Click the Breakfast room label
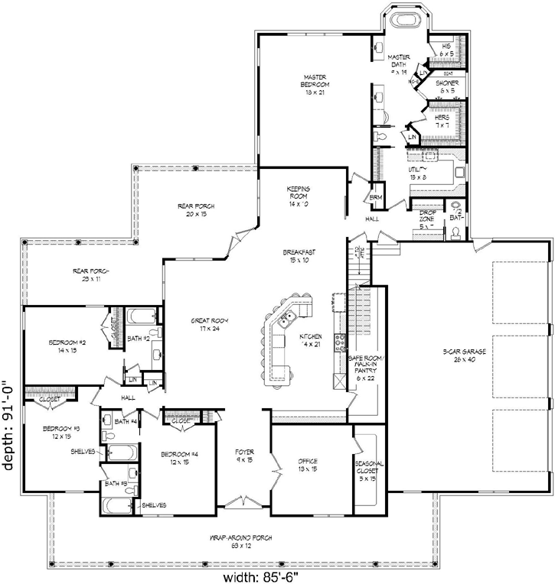(300, 256)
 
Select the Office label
(308, 465)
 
